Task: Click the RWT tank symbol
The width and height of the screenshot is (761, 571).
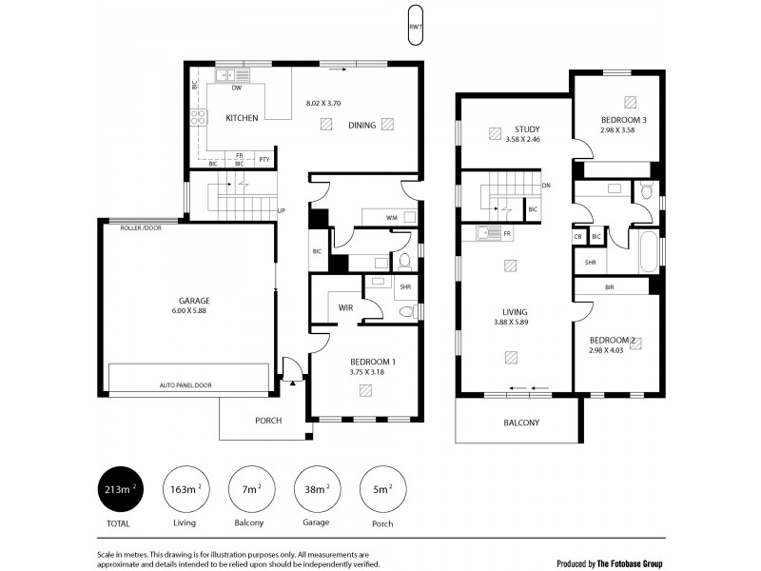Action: [415, 26]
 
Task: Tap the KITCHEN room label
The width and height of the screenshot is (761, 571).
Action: [242, 118]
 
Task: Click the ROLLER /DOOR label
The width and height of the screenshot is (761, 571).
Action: [140, 228]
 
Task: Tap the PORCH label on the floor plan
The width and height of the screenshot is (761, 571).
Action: [267, 421]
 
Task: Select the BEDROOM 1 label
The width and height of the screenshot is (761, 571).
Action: [372, 362]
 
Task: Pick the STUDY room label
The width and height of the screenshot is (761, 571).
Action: [527, 129]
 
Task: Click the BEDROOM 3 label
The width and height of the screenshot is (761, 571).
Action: [624, 120]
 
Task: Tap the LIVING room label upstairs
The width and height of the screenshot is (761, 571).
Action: [515, 311]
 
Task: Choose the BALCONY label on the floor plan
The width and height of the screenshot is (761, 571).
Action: [520, 423]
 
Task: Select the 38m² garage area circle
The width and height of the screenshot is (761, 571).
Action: [318, 491]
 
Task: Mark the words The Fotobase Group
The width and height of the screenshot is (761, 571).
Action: [631, 563]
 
